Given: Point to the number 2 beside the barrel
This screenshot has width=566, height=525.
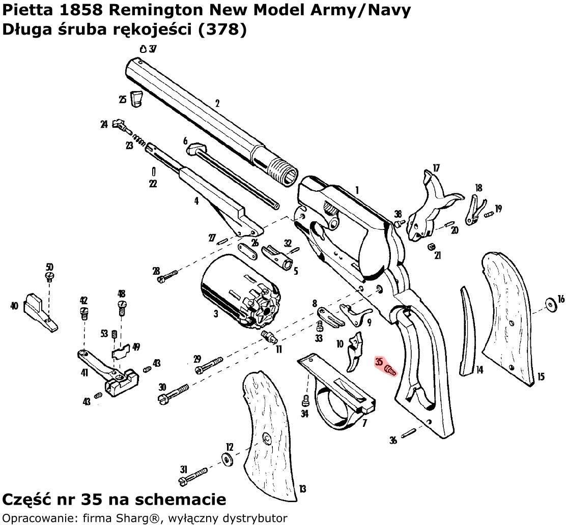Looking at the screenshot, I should pos(217,104).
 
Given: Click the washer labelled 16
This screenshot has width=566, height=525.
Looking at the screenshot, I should pos(551,304).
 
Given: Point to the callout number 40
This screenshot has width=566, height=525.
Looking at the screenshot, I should pos(14,306).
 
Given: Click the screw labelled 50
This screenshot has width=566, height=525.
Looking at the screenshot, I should pos(49,276).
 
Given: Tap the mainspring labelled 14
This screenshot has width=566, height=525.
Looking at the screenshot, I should pos(466,331).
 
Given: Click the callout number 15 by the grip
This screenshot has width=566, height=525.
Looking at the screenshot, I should pos(541,377).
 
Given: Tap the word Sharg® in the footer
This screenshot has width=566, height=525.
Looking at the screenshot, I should pos(118,518).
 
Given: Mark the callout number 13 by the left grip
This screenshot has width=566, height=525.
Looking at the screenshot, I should pos(302,489).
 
